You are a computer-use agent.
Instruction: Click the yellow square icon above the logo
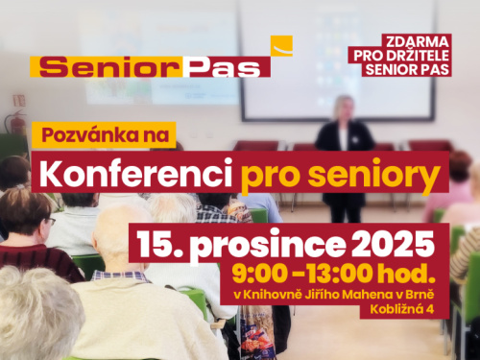tap(281, 46)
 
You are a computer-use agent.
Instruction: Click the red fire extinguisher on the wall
tap(14, 123)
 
